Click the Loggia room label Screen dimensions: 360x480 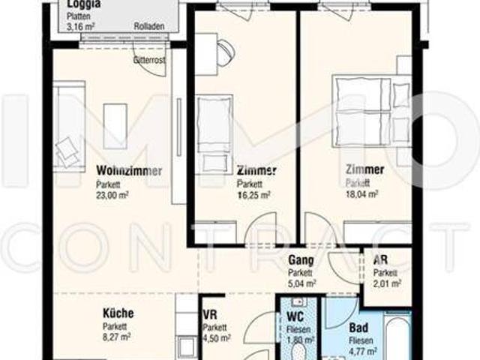click(84, 5)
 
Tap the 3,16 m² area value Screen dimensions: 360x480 click(80, 26)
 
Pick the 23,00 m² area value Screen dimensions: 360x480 click(112, 194)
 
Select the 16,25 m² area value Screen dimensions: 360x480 click(253, 194)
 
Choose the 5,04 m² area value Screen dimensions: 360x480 click(302, 283)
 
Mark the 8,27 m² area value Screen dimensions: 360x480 click(116, 337)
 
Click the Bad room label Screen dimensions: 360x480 click(358, 328)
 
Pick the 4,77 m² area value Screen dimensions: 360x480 click(362, 350)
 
